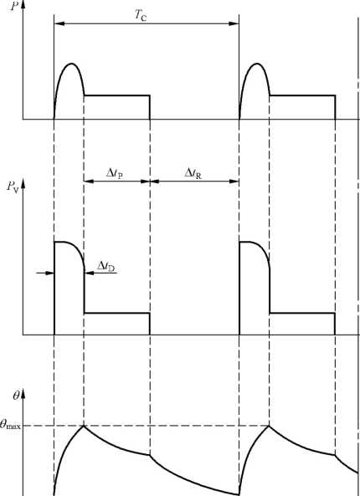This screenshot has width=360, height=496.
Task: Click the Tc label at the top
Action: (141, 15)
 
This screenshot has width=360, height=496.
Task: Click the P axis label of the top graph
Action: (14, 7)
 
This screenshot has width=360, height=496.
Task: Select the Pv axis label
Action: (13, 187)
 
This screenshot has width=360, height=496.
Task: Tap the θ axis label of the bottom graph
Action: (16, 396)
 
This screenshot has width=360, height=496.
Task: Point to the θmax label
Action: (10, 425)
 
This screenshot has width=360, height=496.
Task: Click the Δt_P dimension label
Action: (115, 173)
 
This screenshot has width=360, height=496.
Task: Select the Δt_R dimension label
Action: (193, 173)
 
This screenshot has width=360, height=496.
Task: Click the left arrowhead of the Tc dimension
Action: (59, 23)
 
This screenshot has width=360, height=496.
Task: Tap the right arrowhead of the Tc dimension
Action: (234, 23)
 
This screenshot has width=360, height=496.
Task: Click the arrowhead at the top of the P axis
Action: (23, 7)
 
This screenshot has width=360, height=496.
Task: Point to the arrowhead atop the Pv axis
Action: (23, 186)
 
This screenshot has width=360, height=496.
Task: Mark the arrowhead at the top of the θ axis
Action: (23, 396)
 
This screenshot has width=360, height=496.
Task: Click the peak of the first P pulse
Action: (72, 64)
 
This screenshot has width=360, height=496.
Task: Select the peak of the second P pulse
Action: (257, 64)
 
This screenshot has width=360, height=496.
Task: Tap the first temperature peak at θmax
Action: (84, 426)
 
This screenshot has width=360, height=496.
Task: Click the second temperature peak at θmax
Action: (269, 426)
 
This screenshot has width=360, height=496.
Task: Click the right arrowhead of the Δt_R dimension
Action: (234, 182)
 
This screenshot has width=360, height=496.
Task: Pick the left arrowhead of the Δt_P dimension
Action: (89, 182)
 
